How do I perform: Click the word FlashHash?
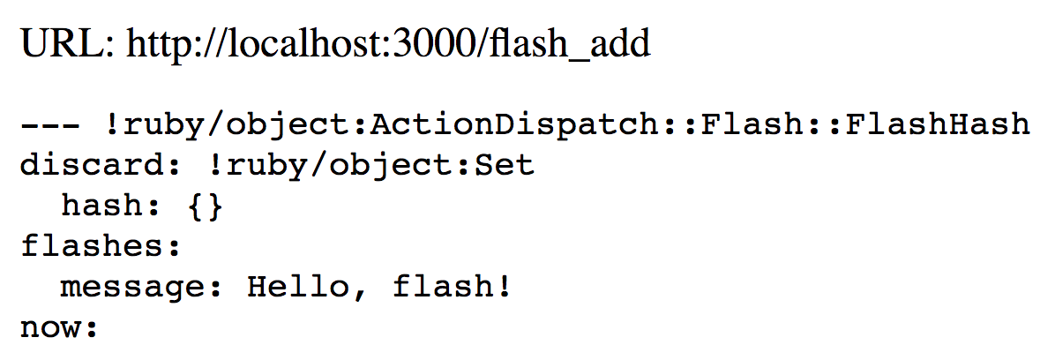coord(939,124)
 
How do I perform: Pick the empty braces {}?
coord(205,206)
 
